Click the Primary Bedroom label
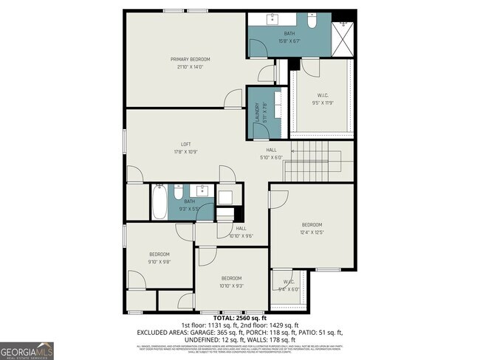point(191,59)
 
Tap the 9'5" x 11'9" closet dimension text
point(322,103)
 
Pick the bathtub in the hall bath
point(160,201)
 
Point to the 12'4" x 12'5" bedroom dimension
point(312,232)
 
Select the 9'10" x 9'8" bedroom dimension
point(160,261)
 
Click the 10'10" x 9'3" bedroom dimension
point(232,285)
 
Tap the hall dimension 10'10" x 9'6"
point(241,236)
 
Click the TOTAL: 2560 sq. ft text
point(239,318)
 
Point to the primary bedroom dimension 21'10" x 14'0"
point(191,67)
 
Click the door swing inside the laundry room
point(260,130)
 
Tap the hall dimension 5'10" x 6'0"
point(271,157)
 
